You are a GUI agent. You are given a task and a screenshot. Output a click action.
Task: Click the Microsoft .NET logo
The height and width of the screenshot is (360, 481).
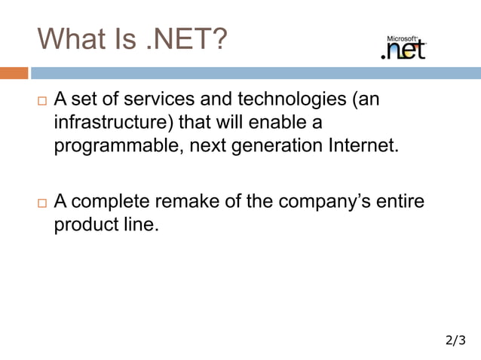(405, 47)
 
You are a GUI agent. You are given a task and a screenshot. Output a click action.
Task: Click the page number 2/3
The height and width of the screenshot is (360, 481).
(455, 341)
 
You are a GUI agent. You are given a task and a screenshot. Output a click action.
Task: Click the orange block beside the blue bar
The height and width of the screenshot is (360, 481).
(14, 73)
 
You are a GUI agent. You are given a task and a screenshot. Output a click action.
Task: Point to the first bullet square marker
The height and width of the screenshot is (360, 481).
(41, 100)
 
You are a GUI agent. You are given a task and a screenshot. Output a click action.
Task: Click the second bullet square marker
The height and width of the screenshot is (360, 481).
(41, 203)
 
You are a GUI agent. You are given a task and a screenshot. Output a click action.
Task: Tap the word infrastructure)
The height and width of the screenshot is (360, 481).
(112, 122)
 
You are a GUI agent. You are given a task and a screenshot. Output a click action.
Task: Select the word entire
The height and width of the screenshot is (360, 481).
(403, 202)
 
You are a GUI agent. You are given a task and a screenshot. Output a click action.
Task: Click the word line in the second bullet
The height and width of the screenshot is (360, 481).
(141, 225)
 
